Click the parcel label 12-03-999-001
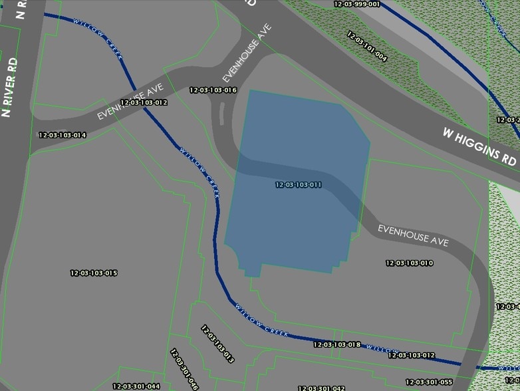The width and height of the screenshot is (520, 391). coord(357,4)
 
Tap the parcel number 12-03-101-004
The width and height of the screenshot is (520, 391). coord(366,45)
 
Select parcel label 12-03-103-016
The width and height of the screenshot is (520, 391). coord(213,90)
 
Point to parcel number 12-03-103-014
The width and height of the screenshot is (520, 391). coord(63,135)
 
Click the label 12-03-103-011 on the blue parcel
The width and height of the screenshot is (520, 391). coord(299,185)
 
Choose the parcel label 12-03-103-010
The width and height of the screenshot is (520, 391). coord(410,263)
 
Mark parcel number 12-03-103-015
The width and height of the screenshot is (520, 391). coord(94,273)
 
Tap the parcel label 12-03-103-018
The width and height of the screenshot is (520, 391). coord(336,344)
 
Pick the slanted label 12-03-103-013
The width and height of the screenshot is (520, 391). coord(217,344)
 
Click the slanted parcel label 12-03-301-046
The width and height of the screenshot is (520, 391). coord(184,370)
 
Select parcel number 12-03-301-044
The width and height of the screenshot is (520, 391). coord(136,386)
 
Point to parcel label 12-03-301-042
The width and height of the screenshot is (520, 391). coord(321,388)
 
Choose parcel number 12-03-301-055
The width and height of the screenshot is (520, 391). coord(429,382)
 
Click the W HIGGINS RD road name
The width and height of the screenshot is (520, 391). coord(480,146)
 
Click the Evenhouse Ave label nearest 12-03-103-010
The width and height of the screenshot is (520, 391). coord(413,235)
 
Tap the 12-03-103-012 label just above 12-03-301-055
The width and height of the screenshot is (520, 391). coord(411,356)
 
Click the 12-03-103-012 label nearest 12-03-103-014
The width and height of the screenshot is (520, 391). coord(144,103)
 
